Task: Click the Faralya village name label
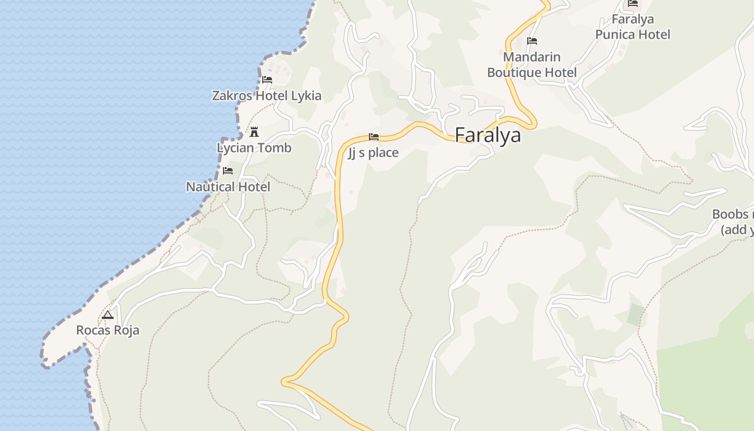point(488,135)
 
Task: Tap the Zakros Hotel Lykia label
point(267,96)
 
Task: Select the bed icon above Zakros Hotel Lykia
point(267,80)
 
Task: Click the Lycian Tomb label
point(254,148)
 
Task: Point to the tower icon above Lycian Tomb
point(254,131)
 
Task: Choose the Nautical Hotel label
point(228,187)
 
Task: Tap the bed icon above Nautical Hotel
point(228,171)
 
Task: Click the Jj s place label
point(373,152)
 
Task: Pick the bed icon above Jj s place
point(373,137)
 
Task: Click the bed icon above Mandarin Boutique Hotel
point(532,41)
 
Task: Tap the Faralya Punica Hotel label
point(633,27)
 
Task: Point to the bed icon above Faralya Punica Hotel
point(633,3)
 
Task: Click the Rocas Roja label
point(108,330)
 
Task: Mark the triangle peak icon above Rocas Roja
point(108,315)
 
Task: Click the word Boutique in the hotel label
point(514,73)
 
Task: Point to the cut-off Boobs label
point(733,221)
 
